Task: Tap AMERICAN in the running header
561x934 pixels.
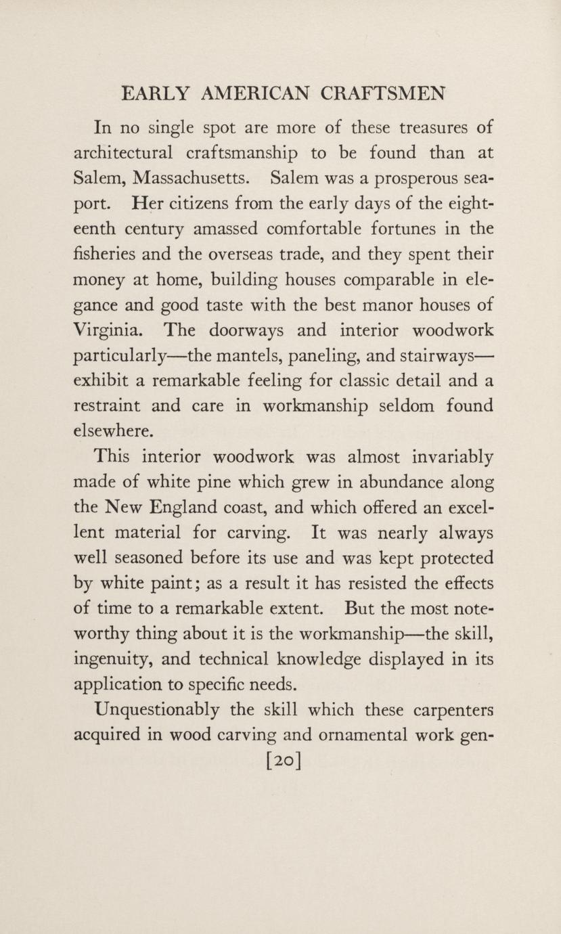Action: [254, 93]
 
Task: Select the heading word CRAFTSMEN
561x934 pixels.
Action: [383, 93]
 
